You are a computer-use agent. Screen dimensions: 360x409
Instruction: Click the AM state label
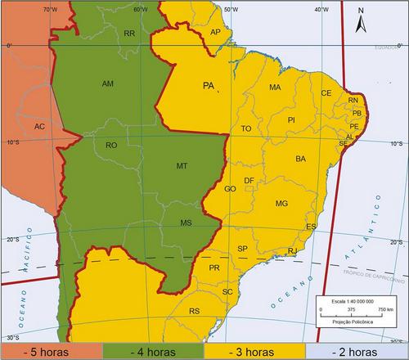(x=108, y=83)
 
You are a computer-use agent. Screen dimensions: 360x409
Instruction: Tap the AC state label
(x=39, y=127)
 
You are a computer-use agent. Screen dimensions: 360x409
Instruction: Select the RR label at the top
(x=129, y=34)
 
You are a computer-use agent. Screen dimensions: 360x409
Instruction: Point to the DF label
(x=249, y=180)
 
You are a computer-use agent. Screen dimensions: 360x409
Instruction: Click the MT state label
(x=182, y=166)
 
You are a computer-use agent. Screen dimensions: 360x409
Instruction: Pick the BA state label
(x=300, y=158)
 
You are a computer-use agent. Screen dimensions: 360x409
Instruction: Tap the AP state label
(x=215, y=32)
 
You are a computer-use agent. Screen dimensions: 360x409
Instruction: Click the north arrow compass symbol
(x=361, y=20)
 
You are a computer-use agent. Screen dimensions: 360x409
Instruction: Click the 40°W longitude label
(x=320, y=10)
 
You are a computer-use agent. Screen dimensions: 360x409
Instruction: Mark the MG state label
(x=282, y=203)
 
